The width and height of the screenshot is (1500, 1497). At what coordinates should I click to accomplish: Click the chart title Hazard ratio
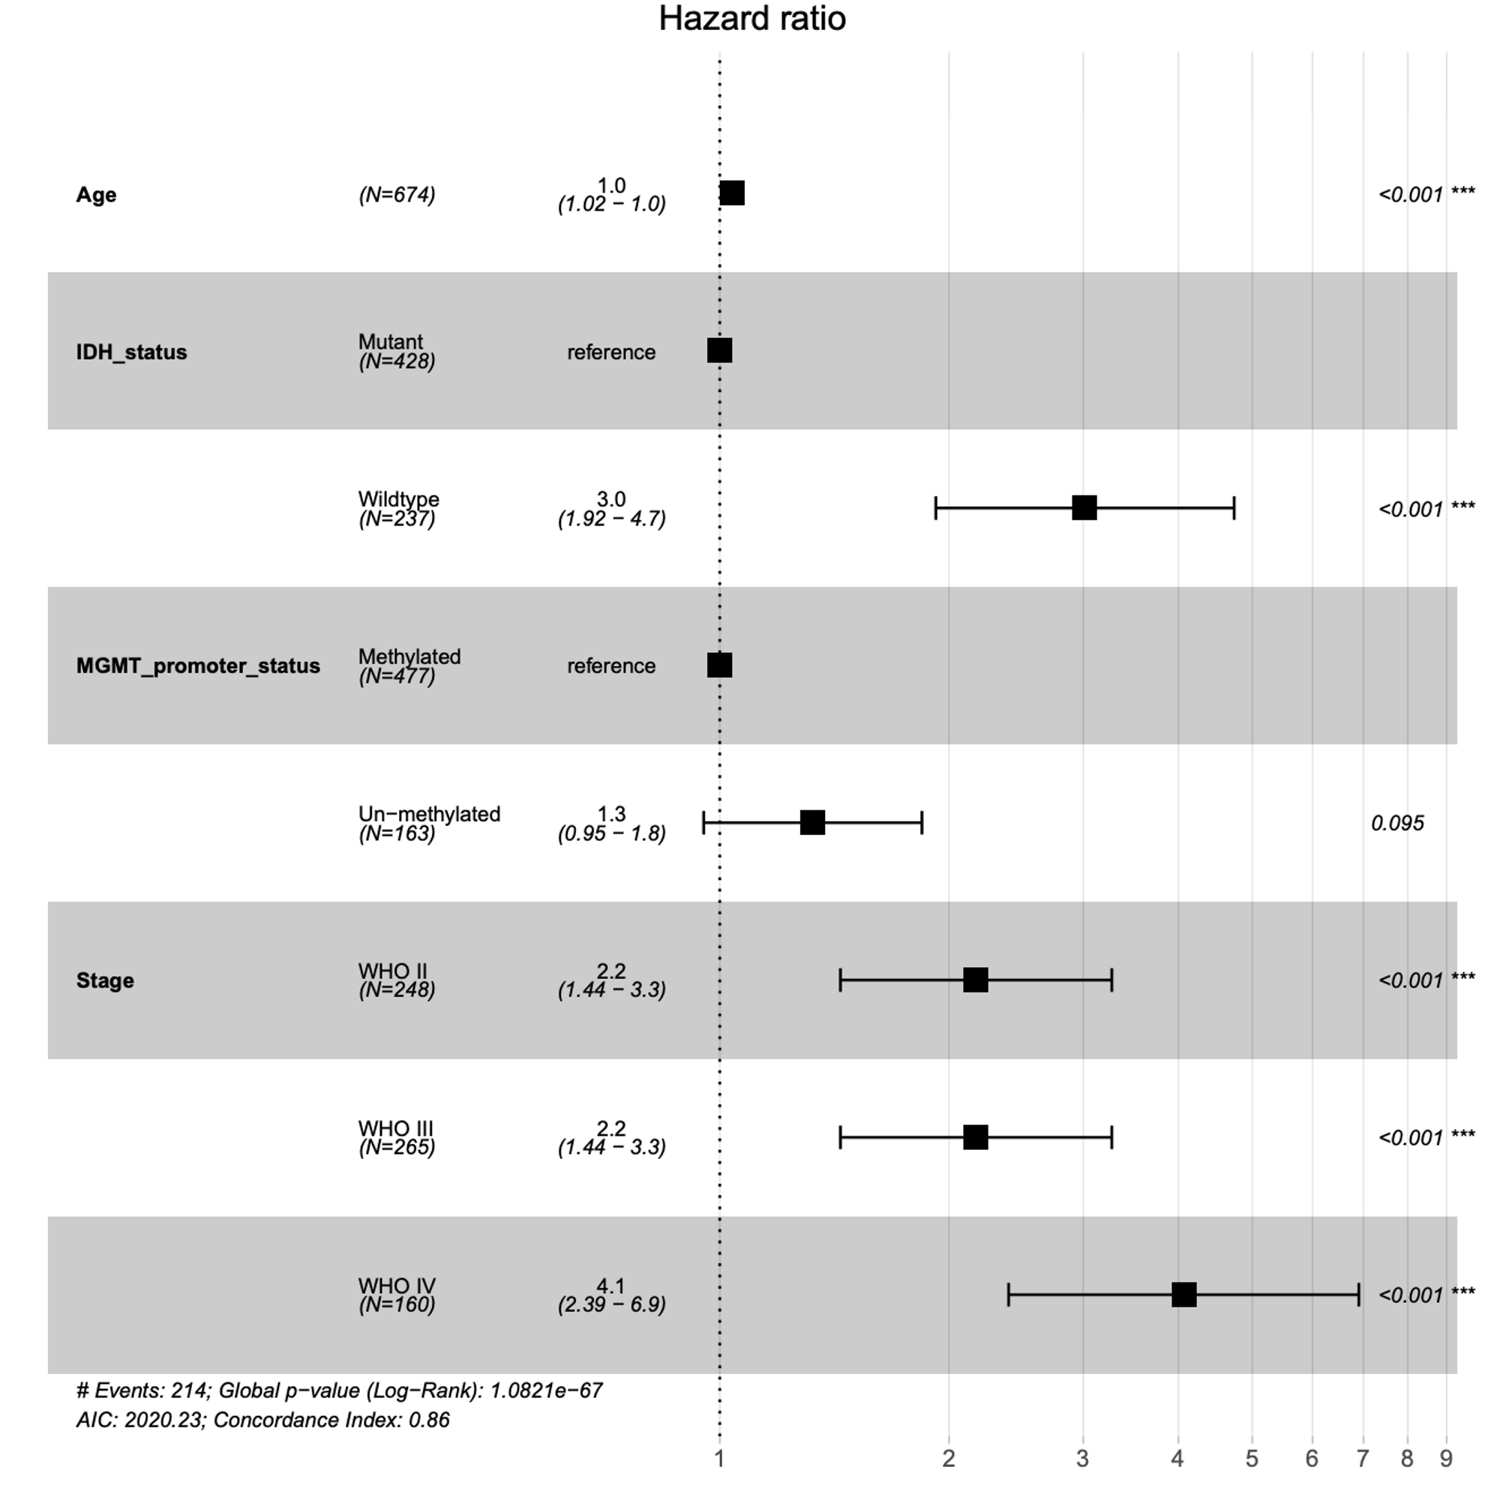click(751, 19)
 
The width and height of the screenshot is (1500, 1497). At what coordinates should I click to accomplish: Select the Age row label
click(96, 195)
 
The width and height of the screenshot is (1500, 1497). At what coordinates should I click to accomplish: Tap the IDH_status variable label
click(131, 352)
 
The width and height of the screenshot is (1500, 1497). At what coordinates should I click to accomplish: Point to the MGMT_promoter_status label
click(198, 666)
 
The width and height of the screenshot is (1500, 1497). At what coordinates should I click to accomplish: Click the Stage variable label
click(105, 981)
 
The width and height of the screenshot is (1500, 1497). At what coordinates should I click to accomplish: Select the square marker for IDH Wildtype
click(1084, 508)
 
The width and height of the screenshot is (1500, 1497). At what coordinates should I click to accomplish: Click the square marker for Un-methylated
click(812, 822)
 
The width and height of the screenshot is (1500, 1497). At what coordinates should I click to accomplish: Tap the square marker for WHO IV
click(1183, 1295)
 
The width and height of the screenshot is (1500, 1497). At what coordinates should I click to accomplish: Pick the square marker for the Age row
click(732, 193)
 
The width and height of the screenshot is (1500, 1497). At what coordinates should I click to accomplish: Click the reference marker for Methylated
click(720, 665)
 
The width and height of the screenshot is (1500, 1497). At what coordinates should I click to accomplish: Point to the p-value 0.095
click(1397, 823)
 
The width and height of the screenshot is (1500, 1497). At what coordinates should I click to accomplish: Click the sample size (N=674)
click(397, 195)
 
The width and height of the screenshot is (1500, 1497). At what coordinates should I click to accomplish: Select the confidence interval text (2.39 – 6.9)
click(612, 1304)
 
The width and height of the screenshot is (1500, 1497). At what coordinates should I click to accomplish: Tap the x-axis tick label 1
click(720, 1459)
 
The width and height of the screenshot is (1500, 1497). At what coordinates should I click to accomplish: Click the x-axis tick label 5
click(1252, 1459)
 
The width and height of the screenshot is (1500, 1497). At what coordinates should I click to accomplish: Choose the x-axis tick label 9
click(1446, 1459)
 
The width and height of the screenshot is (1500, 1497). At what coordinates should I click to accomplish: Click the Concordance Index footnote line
click(263, 1421)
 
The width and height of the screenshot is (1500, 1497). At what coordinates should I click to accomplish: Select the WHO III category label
click(396, 1128)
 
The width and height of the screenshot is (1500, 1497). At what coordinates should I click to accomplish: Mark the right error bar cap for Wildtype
click(1234, 508)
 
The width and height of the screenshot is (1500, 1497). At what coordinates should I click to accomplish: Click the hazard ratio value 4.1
click(611, 1286)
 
